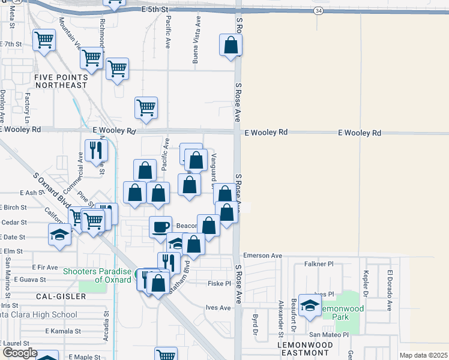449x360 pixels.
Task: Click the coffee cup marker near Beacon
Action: click(160, 227)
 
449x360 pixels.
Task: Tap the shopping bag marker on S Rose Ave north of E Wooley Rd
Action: click(231, 45)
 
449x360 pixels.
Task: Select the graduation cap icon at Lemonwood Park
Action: click(310, 306)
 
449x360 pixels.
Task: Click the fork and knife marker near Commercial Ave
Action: click(95, 150)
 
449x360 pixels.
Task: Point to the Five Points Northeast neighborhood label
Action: click(61, 81)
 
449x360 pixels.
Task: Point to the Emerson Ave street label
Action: click(262, 256)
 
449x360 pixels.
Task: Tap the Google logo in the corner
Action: click(20, 353)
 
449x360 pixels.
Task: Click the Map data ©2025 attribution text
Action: click(423, 355)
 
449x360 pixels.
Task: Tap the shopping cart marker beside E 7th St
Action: click(44, 41)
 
